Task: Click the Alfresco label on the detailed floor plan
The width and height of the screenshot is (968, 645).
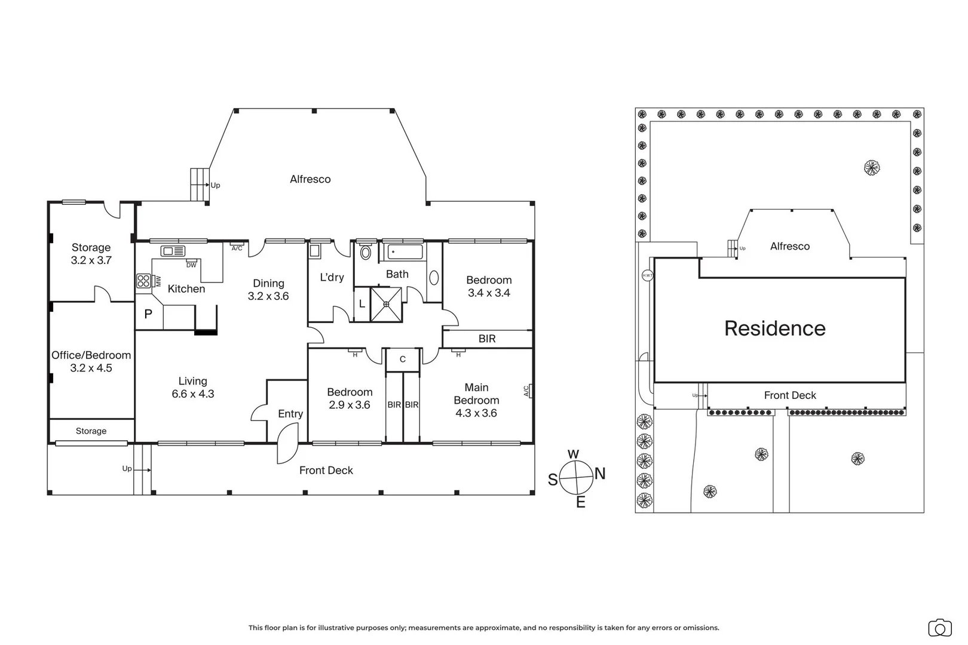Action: point(310,179)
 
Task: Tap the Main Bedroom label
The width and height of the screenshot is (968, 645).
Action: point(476,394)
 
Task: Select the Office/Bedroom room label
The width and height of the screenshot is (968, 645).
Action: point(91,355)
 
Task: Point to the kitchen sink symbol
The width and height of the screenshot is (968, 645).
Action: point(173,251)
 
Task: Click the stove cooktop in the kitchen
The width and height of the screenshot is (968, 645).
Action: point(143,281)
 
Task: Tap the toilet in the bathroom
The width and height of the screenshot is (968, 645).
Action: point(366,253)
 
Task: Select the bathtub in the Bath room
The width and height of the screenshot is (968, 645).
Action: point(405,251)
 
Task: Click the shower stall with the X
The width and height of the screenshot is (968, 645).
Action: point(387,304)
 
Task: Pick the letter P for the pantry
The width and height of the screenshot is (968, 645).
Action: point(148,314)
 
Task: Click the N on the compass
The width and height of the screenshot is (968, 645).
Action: point(600,474)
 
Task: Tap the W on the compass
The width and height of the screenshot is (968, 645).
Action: point(573,454)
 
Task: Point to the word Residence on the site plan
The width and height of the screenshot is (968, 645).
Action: point(775,328)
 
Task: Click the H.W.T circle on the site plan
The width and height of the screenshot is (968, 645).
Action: point(647,275)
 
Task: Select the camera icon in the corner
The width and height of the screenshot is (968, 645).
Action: point(940,628)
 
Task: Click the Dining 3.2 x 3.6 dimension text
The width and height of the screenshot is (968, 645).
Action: point(268,296)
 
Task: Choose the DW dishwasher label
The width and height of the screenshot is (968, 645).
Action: point(191,265)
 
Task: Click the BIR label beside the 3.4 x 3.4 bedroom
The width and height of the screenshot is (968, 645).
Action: point(487,339)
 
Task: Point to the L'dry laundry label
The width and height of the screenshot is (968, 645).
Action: point(332,277)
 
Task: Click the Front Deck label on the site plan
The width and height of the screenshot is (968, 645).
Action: point(790,395)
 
